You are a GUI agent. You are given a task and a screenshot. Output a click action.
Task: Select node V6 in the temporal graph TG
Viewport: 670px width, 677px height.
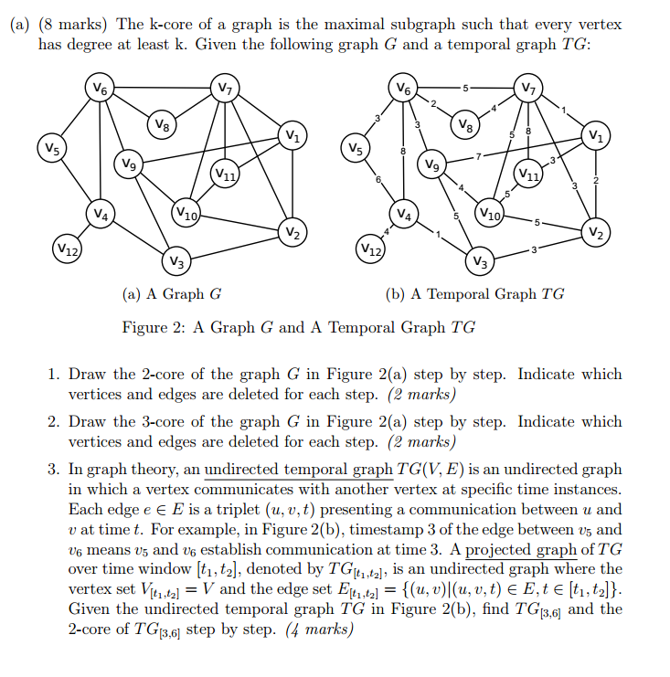tap(404, 89)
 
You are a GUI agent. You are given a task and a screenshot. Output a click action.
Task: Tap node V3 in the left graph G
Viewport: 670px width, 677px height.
tap(177, 263)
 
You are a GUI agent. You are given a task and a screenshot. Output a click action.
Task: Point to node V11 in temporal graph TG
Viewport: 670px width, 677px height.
tap(528, 173)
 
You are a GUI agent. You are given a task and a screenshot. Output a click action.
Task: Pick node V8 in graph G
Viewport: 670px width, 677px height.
tap(162, 123)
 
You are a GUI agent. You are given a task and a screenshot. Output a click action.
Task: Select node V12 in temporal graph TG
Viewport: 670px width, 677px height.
tap(371, 249)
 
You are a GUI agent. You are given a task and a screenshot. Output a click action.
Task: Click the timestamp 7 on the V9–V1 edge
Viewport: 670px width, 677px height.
tap(476, 157)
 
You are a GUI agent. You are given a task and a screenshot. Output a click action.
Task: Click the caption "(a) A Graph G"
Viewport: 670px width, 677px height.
tap(172, 294)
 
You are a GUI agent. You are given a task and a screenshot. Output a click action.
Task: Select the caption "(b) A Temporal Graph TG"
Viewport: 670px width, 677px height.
tap(475, 294)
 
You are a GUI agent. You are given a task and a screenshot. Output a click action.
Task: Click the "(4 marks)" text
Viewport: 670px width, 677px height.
tap(319, 629)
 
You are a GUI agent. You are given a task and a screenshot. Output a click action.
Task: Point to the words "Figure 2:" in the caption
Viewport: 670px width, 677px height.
tap(152, 327)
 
